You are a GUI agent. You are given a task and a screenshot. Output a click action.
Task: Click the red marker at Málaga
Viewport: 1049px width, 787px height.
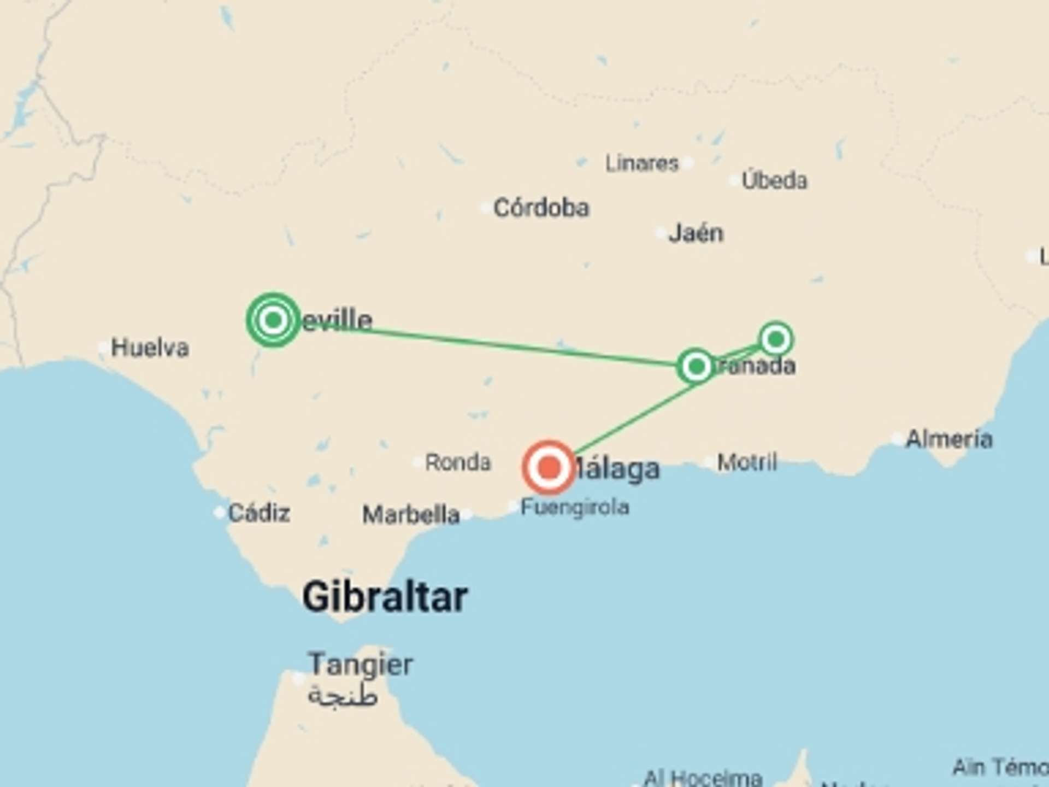click(x=549, y=468)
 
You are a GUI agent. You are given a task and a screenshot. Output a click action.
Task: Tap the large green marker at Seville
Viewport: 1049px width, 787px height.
click(x=273, y=320)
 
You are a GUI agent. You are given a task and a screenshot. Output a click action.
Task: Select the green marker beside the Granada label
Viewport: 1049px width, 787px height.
click(x=696, y=366)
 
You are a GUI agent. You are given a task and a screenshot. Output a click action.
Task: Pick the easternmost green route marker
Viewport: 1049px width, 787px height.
click(x=776, y=339)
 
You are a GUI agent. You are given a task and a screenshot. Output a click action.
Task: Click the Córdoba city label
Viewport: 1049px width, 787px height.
click(x=541, y=208)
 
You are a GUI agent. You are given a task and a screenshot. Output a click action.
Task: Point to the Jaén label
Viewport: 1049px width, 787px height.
click(x=696, y=233)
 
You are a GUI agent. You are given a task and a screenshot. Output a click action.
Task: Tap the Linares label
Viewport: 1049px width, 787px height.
click(x=641, y=163)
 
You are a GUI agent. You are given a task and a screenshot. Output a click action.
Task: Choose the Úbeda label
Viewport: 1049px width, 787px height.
click(x=774, y=180)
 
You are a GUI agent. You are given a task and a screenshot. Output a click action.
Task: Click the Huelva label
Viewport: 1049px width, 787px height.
click(x=150, y=348)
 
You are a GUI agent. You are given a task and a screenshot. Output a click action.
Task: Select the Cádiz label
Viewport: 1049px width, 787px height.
click(x=258, y=513)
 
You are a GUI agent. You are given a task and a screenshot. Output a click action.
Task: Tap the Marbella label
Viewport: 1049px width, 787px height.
click(x=411, y=515)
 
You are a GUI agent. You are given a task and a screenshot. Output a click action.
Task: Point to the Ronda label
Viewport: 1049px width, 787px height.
click(x=458, y=462)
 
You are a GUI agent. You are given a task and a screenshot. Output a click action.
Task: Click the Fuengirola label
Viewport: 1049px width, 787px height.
click(x=575, y=507)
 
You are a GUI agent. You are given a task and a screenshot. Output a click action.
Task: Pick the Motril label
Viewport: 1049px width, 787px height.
click(x=746, y=462)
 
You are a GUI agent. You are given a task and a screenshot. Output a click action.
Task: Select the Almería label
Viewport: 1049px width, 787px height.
click(x=948, y=439)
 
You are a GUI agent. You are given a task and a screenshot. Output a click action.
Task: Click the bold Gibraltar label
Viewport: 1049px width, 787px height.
click(x=385, y=597)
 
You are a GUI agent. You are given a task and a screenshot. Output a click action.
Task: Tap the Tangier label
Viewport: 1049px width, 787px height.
click(x=361, y=665)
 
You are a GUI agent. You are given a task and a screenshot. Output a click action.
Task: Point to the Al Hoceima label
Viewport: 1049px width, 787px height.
click(x=703, y=777)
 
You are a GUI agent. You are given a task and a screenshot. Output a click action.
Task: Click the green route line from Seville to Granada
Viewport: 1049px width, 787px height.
click(x=492, y=344)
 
